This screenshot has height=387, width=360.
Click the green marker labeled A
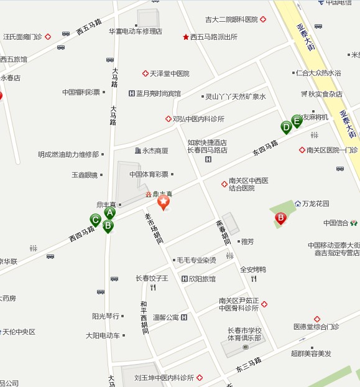coord(110,213)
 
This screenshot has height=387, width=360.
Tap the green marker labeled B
coord(108,226)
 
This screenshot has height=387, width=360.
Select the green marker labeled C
coord(95,220)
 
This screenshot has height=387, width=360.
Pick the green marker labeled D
coord(286,128)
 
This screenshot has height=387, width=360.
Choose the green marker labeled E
coord(297,121)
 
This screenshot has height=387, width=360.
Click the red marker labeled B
coord(280,218)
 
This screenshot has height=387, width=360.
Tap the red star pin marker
coord(163,202)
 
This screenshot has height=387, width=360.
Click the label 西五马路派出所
coord(214,37)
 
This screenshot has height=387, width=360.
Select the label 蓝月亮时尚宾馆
coord(159,93)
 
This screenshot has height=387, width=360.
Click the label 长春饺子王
coord(152,278)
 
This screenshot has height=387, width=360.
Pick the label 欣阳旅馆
coord(202,279)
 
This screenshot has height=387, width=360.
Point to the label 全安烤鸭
coord(253,269)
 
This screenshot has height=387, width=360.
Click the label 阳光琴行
coord(105,316)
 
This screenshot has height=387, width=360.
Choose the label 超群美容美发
coord(311,353)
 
